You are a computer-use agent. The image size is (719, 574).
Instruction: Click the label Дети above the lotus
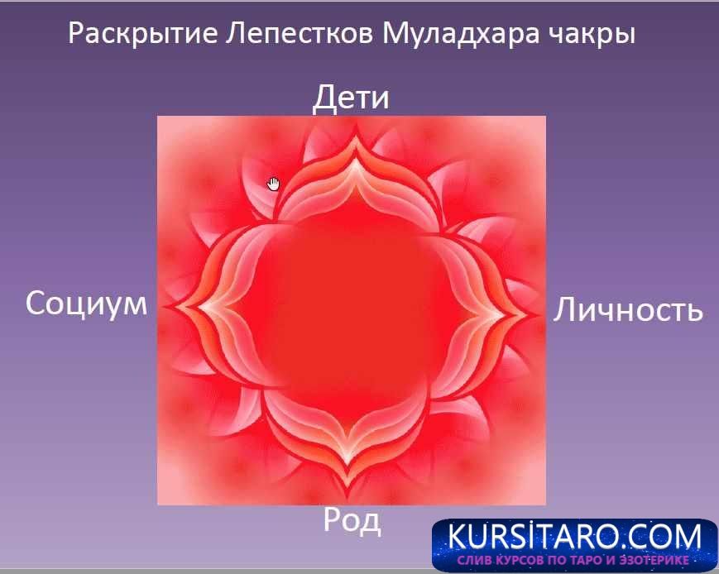coord(350,98)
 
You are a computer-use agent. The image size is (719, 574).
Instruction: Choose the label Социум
coord(86,304)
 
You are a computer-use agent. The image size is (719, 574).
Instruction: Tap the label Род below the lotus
coord(352,520)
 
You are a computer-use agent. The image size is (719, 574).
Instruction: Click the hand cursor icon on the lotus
coord(274,183)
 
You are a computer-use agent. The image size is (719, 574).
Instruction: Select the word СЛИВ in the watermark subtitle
coord(474,561)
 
